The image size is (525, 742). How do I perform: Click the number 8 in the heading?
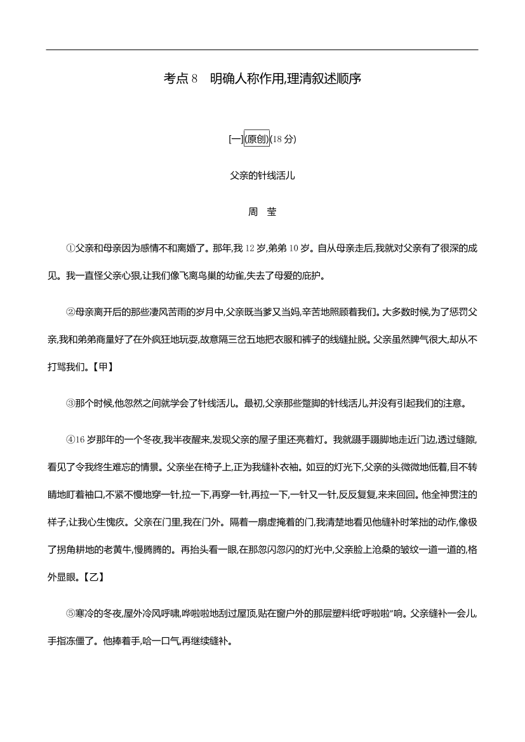point(195,79)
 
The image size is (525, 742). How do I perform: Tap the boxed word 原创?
point(257,140)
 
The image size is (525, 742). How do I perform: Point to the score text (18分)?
point(283,140)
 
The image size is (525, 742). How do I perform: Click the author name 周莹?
point(262,212)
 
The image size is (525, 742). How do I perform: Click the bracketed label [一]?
point(235,140)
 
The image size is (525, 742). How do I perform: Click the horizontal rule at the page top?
point(262,50)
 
